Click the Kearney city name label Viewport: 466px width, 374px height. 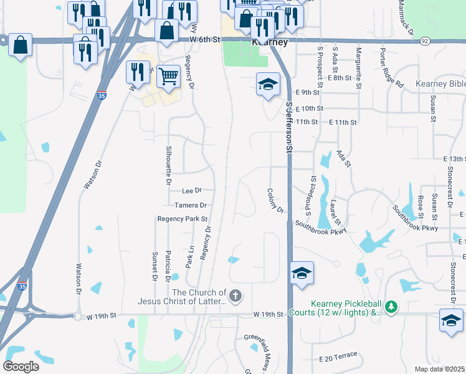click(x=270, y=42)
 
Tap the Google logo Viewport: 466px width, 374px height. click(x=21, y=367)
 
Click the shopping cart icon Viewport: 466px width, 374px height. click(x=168, y=77)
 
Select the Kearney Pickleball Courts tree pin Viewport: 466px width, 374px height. click(x=391, y=307)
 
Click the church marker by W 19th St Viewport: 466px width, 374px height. click(x=235, y=296)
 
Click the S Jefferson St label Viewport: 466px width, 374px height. click(x=289, y=127)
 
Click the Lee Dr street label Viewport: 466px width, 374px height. click(x=192, y=190)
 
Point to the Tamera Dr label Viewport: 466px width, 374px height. click(x=190, y=205)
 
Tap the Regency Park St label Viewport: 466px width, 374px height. click(x=182, y=219)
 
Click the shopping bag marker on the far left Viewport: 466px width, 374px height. click(x=21, y=46)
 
